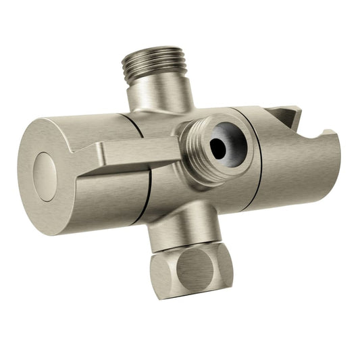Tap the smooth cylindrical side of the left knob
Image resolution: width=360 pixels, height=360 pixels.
[101, 196]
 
